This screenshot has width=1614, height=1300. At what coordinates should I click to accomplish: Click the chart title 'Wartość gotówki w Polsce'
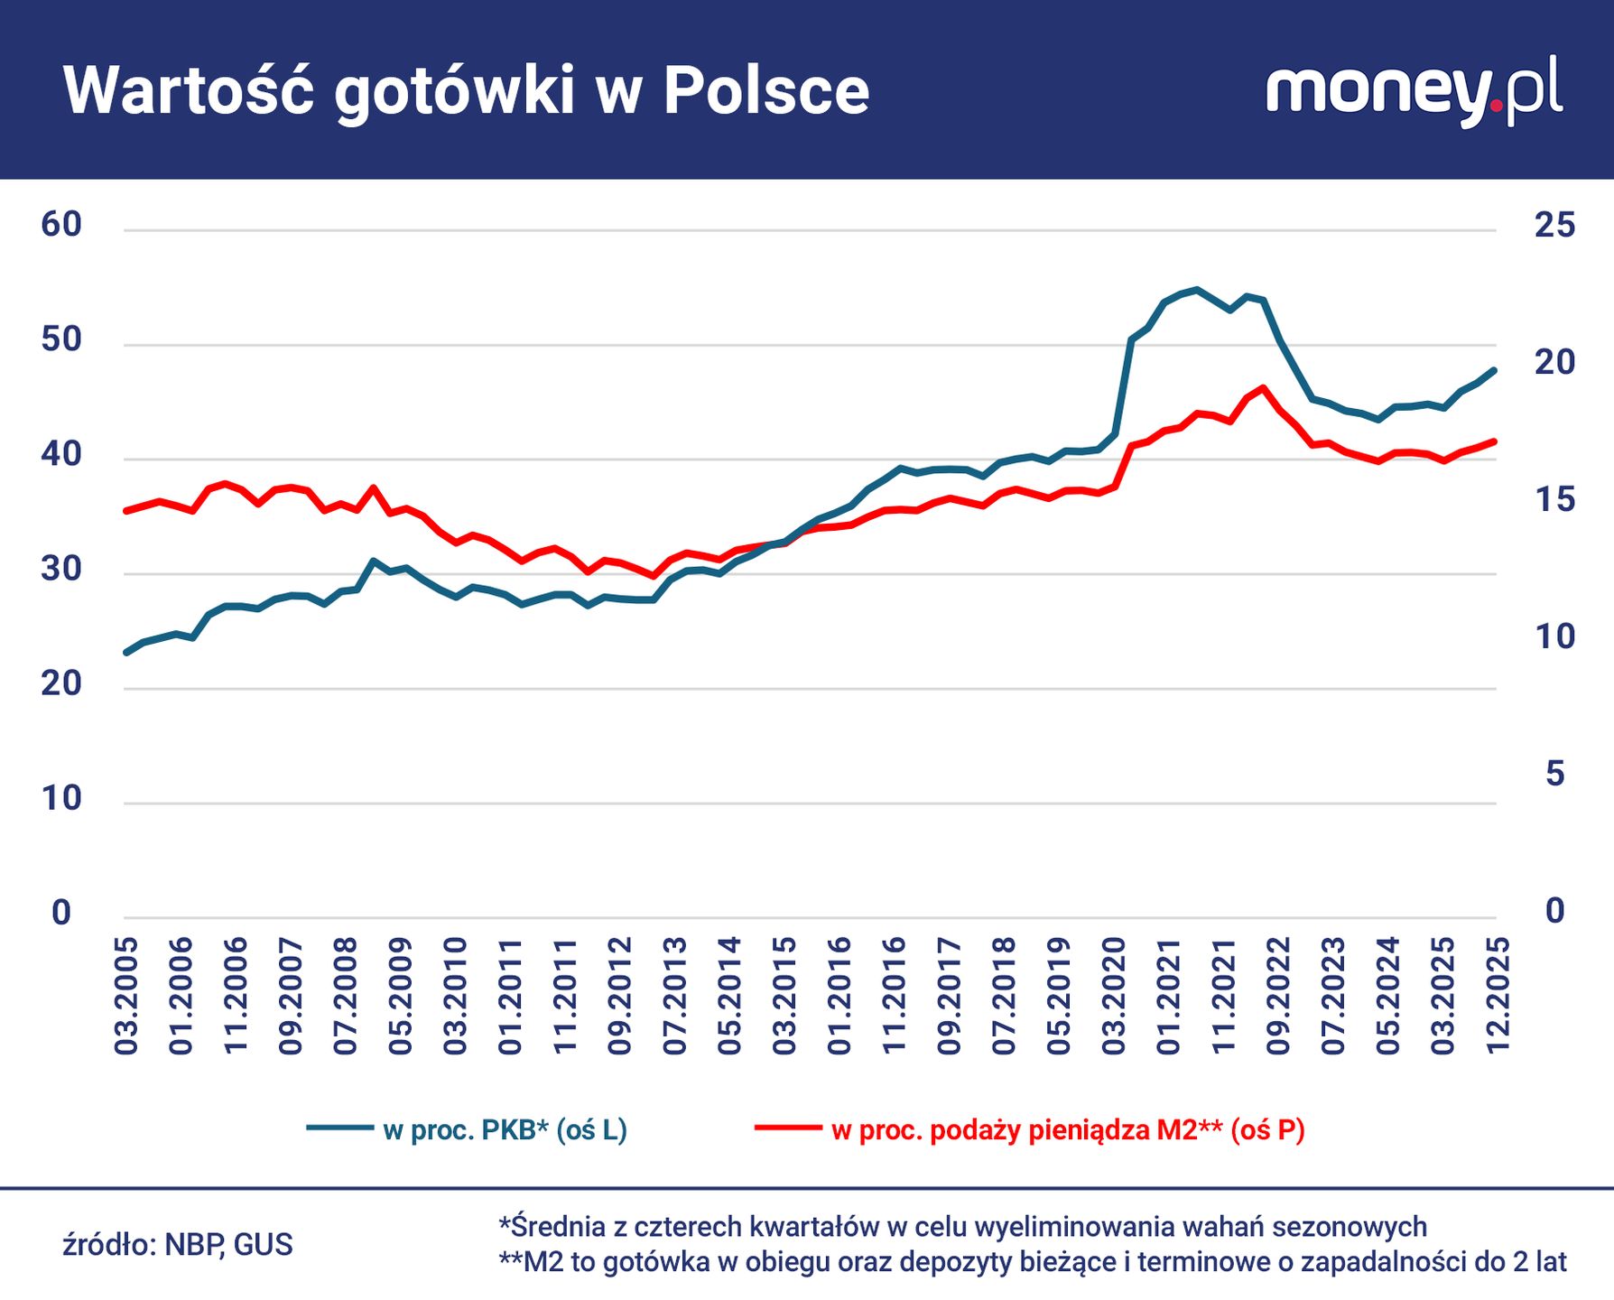coord(466,91)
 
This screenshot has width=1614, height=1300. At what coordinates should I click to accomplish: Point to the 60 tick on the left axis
coord(61,225)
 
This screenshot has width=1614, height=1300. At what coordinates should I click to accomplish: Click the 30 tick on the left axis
coord(61,569)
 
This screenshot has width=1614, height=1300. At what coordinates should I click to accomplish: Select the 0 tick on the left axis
coord(61,913)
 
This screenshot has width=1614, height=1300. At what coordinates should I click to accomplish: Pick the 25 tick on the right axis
coord(1554,225)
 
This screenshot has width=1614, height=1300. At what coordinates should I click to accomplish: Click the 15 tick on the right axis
coord(1554,499)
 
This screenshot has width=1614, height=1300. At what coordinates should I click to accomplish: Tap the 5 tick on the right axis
coord(1554,774)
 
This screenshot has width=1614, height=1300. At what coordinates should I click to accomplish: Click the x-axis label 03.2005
coord(126,996)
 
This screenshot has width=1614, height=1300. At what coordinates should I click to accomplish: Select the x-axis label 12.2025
coord(1498,996)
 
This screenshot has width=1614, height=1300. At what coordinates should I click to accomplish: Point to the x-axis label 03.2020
coord(1114,996)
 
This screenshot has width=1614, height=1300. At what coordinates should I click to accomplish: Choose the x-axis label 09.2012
coord(620,996)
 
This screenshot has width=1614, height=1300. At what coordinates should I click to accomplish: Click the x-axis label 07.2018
coord(1004,996)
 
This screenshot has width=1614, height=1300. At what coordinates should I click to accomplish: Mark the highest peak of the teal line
coord(1196,290)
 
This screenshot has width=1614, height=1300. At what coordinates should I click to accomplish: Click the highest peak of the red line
coord(1263,388)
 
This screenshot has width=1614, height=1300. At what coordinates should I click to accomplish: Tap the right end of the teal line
coord(1495,370)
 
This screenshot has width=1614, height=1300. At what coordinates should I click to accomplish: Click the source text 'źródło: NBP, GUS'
coord(178,1245)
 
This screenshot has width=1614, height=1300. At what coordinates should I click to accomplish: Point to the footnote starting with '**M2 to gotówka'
coord(1032,1261)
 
